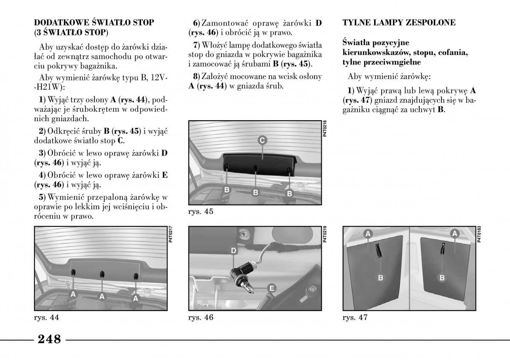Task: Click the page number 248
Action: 49,340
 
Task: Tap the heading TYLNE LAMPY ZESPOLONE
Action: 399,23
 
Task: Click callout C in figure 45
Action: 262,140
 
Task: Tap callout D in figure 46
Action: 233,251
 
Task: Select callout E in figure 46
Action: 271,288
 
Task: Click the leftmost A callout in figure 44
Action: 73,294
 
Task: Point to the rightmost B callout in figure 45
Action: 290,193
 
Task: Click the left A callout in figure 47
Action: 368,233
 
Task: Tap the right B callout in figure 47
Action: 442,278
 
